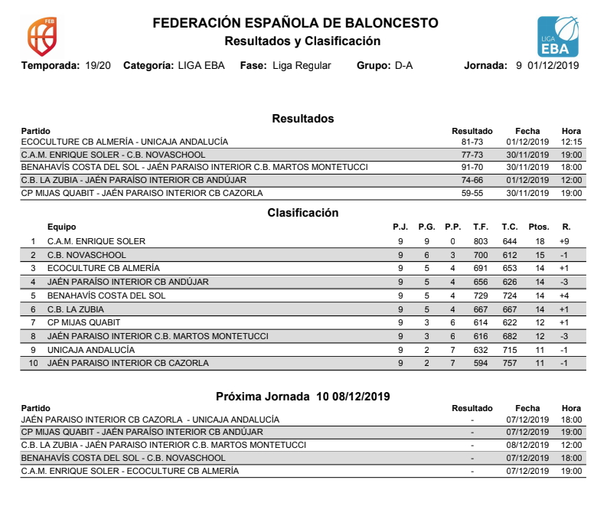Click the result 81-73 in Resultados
point(472,142)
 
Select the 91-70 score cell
point(472,168)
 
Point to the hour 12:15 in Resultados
point(571,142)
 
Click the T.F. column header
point(481,227)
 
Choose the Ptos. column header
point(539,227)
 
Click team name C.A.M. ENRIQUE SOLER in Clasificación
point(96,241)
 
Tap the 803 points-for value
point(481,241)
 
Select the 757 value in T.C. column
point(510,363)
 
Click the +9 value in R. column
point(564,241)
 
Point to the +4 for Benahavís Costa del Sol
point(564,296)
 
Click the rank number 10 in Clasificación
point(33,363)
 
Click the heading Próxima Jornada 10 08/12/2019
point(303,397)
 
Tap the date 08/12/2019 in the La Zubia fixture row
point(527,445)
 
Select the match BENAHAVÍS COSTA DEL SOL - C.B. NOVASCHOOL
point(123,458)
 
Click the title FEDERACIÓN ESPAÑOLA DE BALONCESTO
point(295,23)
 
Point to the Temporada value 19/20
point(97,66)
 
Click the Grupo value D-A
point(403,66)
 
